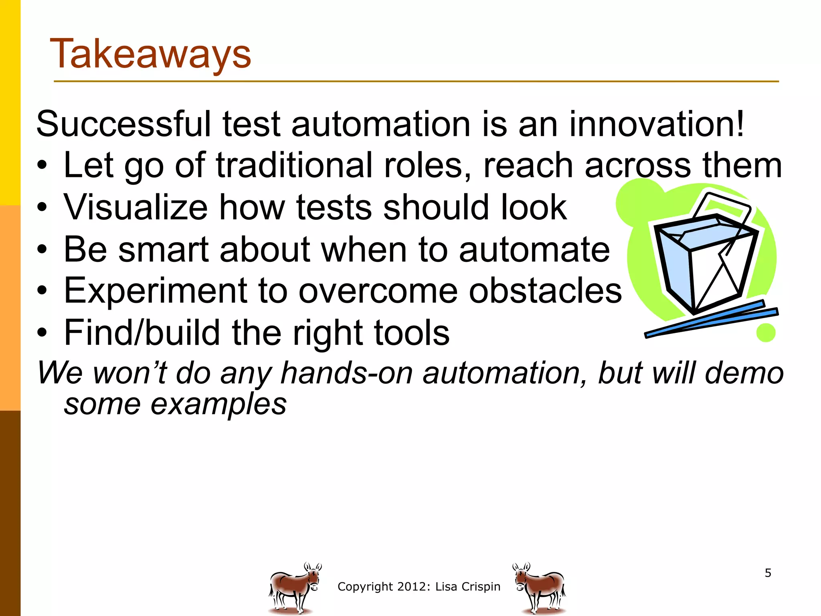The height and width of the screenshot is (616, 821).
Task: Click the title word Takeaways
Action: coord(150,55)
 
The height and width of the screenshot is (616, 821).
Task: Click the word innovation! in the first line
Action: coord(656,124)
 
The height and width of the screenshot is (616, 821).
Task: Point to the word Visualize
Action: coord(135,207)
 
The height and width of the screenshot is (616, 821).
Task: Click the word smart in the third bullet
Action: coord(164,249)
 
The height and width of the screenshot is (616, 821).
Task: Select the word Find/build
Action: coord(142,333)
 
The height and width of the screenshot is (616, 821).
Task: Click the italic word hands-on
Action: coord(346,373)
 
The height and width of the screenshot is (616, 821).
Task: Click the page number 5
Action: coord(768,573)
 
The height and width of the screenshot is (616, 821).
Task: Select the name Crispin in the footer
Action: coord(481,587)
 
